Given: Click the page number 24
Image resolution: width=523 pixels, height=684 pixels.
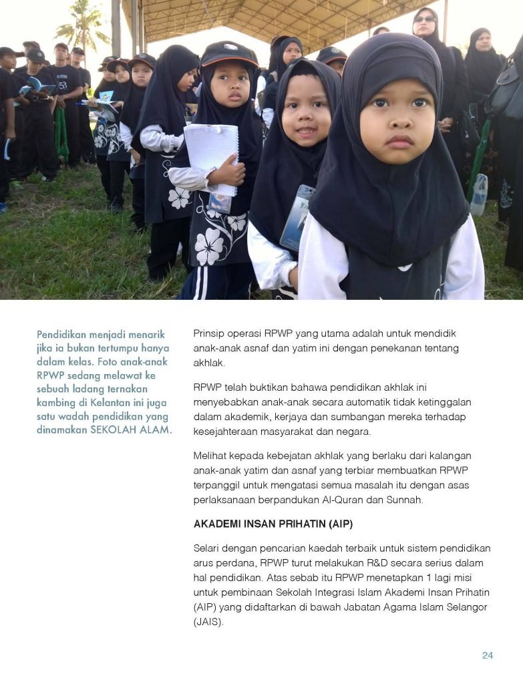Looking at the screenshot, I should [x=488, y=655].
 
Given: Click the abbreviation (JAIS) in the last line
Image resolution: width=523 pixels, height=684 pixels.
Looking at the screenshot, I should [x=208, y=621].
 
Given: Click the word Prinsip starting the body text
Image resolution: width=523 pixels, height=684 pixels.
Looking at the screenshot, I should [x=210, y=333].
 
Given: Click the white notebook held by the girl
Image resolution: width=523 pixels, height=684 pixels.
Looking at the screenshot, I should [x=211, y=158].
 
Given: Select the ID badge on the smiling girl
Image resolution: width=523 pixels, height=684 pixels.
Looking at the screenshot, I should [x=296, y=218].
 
